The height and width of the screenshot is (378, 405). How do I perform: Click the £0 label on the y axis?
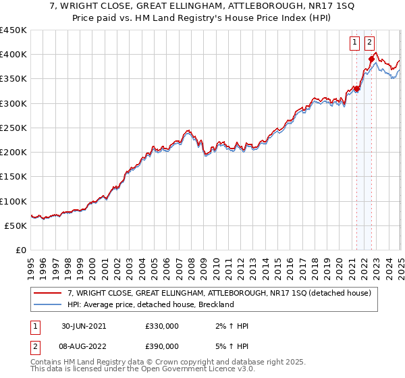pyautogui.click(x=21, y=250)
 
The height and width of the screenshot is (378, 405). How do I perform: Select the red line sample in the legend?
pyautogui.click(x=48, y=294)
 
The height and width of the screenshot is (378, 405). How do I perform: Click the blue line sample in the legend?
pyautogui.click(x=48, y=305)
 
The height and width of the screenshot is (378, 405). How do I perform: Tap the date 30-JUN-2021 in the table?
pyautogui.click(x=84, y=326)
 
